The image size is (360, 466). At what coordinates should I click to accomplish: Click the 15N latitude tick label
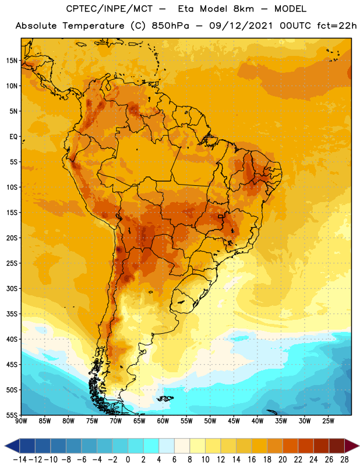point(12,61)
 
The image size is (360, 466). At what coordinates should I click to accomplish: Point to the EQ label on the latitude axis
point(13,137)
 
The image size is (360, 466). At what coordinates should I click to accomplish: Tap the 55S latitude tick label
point(12,415)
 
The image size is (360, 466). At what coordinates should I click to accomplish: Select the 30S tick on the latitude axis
point(12,288)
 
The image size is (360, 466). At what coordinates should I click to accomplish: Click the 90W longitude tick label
point(21,421)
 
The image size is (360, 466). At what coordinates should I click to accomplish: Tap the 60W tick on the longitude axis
point(163,421)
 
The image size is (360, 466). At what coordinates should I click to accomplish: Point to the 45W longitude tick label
point(234,421)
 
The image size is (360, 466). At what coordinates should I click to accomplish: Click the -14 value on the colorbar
point(20,460)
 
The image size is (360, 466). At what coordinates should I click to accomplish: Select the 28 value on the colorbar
point(344,460)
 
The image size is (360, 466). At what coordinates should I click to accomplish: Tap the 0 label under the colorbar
point(128,460)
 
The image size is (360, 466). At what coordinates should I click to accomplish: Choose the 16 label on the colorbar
point(252,460)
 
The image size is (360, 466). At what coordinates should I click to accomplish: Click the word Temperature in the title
point(93,26)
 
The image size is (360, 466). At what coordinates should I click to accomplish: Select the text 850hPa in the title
point(170,26)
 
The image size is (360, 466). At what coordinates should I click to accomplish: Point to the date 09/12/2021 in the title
point(241,26)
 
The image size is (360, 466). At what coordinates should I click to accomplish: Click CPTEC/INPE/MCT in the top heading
point(109,9)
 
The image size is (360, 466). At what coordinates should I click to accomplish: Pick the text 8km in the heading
point(243,9)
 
